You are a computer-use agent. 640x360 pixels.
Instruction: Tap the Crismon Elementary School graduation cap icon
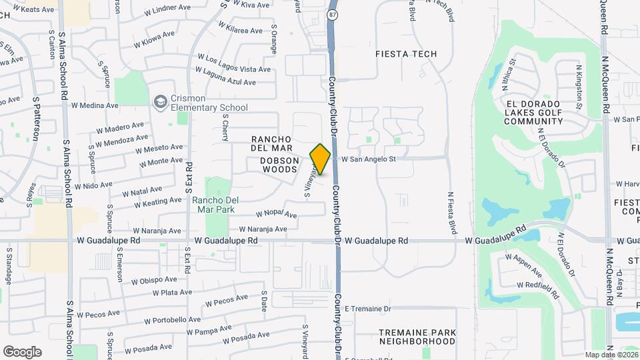point(159,102)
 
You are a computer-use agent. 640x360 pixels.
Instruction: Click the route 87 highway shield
point(332,14)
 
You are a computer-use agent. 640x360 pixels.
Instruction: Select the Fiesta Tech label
point(406,54)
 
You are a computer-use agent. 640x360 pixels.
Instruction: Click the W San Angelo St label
point(369,159)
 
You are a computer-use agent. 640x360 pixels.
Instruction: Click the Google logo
point(22,351)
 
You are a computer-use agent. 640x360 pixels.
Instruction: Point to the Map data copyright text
point(611,355)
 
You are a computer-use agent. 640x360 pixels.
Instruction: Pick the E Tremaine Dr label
point(367,309)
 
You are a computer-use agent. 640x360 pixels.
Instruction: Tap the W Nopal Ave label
point(277,215)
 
